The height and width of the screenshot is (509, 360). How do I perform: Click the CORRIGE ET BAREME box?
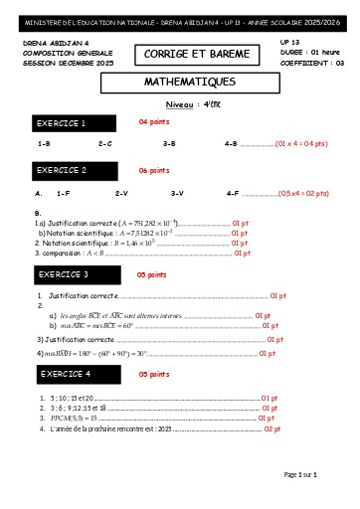click(188, 53)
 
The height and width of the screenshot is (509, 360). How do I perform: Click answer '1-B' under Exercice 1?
click(43, 144)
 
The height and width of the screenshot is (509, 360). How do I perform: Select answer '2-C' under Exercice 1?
click(104, 144)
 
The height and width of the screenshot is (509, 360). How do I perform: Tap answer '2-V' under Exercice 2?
click(122, 193)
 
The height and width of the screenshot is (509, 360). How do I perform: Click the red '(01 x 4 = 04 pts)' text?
click(301, 144)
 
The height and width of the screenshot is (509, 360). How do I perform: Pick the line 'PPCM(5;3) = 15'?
click(73, 419)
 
